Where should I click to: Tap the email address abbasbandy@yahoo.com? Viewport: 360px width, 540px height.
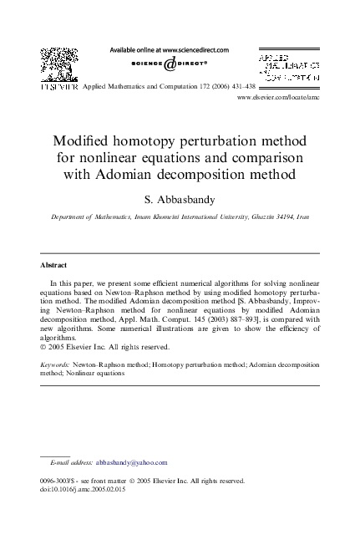[132, 462]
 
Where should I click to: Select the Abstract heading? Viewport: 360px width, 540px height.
[54, 265]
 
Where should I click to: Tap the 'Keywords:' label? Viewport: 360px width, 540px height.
[55, 365]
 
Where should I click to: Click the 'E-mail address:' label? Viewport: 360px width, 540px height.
[71, 462]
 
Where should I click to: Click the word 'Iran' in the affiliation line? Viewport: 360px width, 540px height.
[302, 217]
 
